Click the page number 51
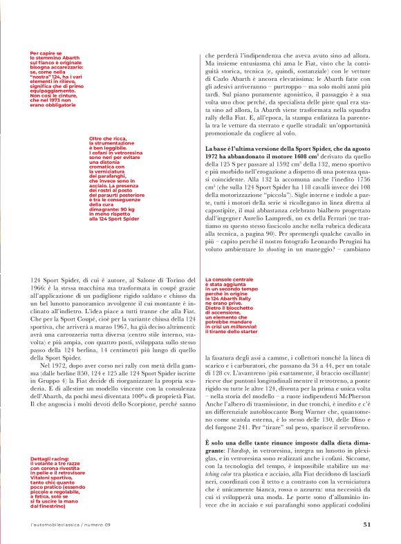point(366,524)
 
